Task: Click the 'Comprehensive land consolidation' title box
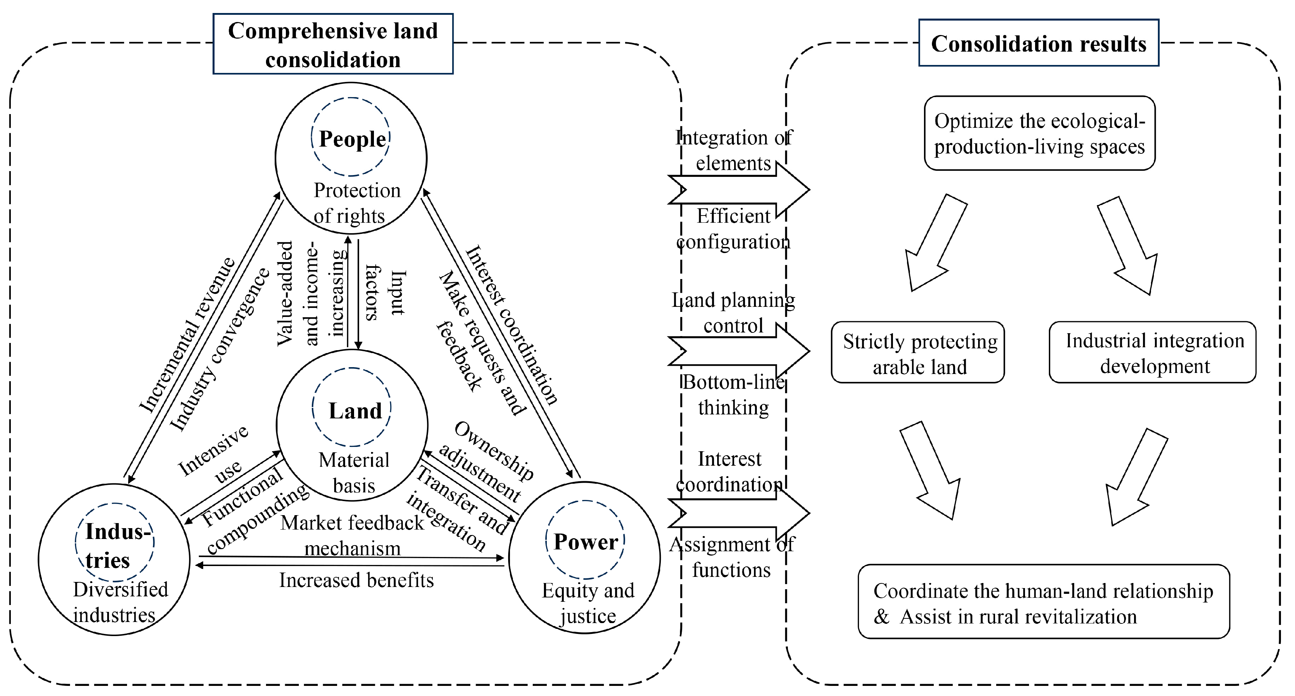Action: point(333,44)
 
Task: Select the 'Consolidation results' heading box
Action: point(1039,43)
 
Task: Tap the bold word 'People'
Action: point(352,139)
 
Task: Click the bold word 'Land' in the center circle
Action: point(355,411)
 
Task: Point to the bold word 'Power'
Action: point(586,541)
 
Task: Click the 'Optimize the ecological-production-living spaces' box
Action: point(1039,133)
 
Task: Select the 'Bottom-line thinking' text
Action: point(733,395)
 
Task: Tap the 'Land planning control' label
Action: point(733,313)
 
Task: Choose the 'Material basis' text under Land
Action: point(354,473)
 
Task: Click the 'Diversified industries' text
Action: point(120,602)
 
